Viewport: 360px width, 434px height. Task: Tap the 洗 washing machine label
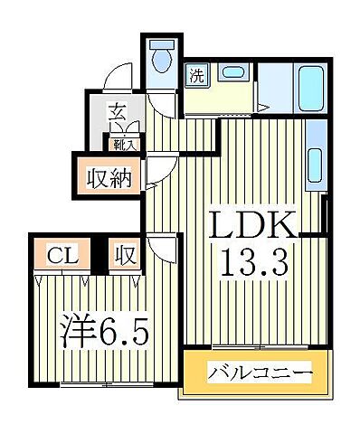coord(196,76)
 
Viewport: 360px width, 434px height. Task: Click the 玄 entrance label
coord(118,114)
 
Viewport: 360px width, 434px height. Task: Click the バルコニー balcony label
coord(261,373)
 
